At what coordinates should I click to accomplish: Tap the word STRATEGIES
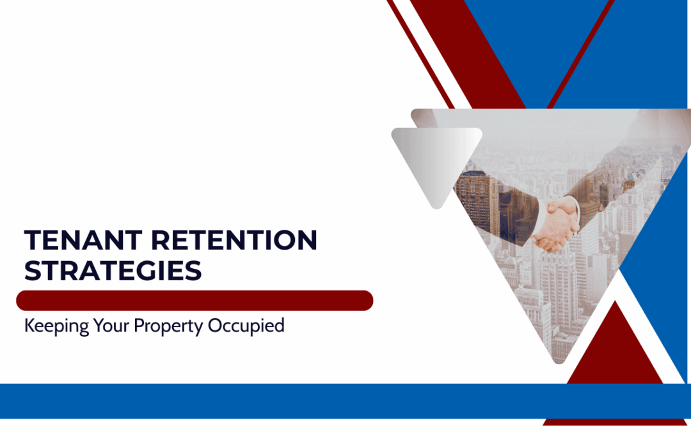(x=113, y=271)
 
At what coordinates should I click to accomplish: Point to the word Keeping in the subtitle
(x=54, y=326)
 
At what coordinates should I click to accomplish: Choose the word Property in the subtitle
(x=166, y=326)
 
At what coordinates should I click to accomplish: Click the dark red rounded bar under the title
(x=195, y=300)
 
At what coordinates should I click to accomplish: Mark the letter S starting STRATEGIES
(x=32, y=271)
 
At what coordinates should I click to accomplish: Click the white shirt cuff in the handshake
(x=575, y=208)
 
